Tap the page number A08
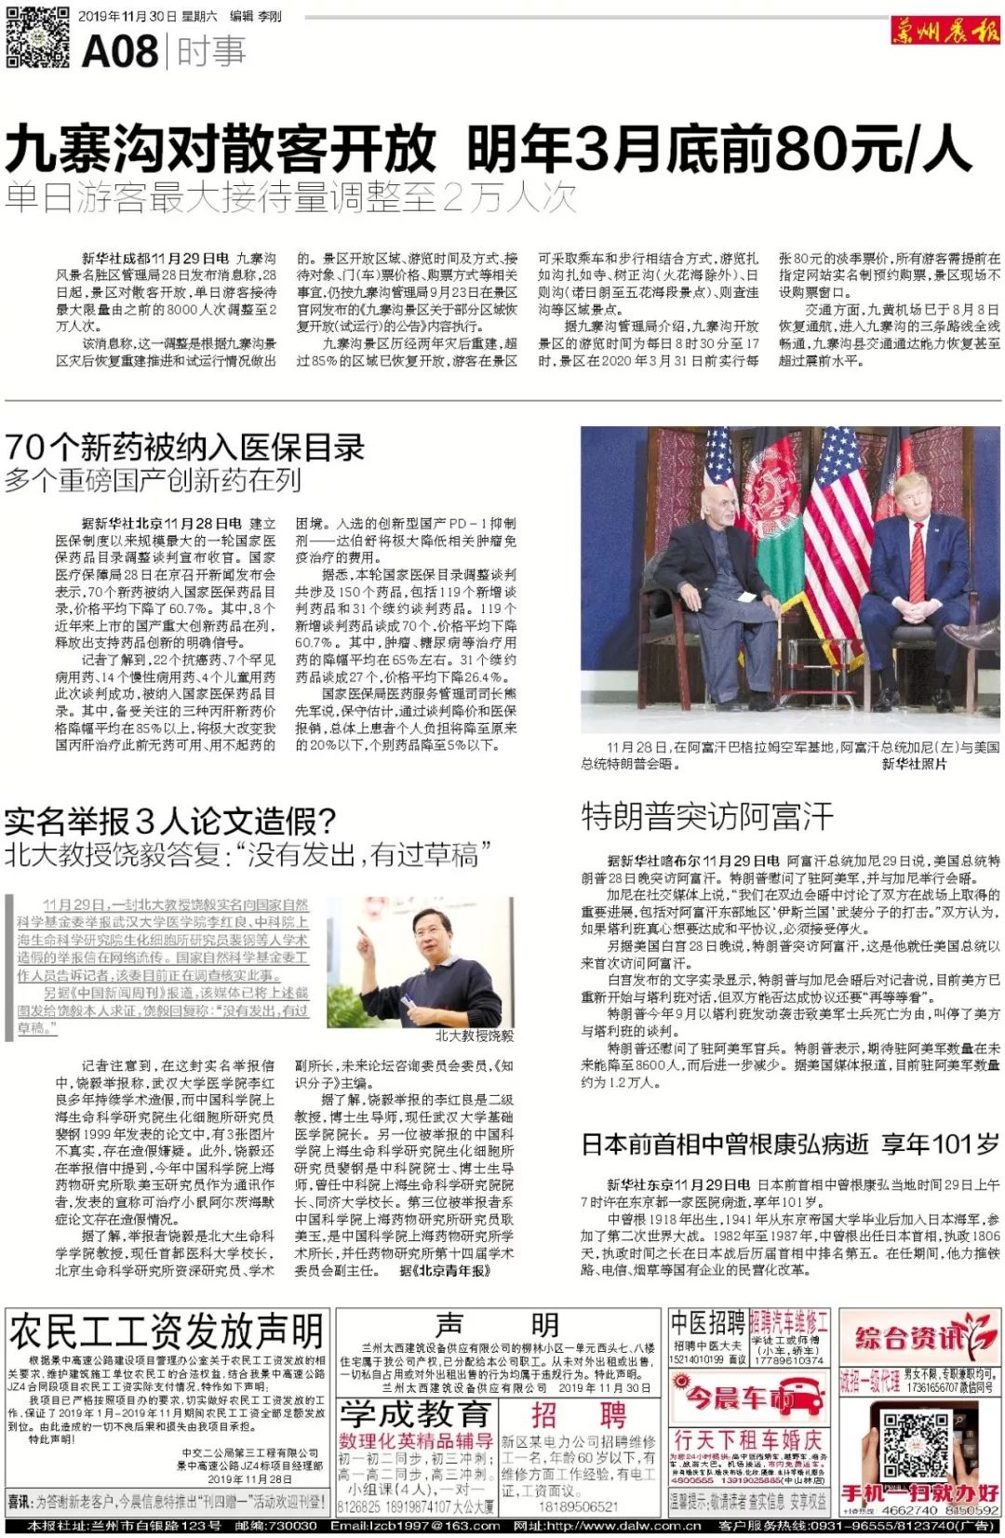click(120, 51)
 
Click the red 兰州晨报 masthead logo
click(944, 31)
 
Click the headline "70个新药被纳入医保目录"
click(184, 448)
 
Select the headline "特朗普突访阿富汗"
click(707, 816)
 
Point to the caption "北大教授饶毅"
click(474, 1036)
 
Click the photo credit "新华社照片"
click(914, 764)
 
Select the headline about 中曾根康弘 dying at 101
click(790, 1143)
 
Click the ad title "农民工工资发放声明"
click(167, 1331)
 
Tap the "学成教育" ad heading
click(414, 1414)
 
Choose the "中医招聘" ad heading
click(707, 1322)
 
